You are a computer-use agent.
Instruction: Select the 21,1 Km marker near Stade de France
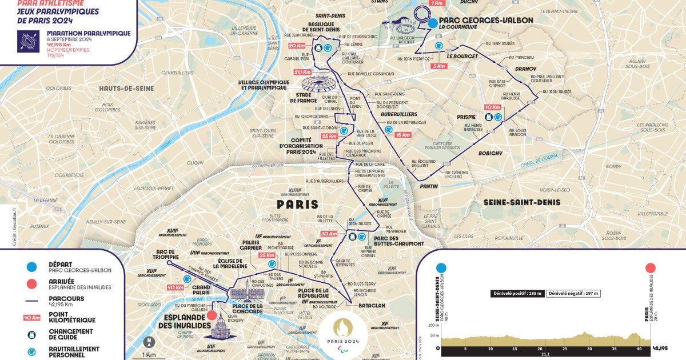point(302,73)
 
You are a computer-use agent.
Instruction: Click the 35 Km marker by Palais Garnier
point(267,255)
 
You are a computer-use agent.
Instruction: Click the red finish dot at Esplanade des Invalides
point(212,315)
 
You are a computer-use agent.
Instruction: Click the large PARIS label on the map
point(298,204)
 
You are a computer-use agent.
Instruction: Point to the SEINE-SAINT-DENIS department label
point(522,202)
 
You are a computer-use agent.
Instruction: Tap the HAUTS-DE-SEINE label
point(126,89)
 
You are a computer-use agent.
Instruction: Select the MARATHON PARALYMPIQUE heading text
point(89,33)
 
